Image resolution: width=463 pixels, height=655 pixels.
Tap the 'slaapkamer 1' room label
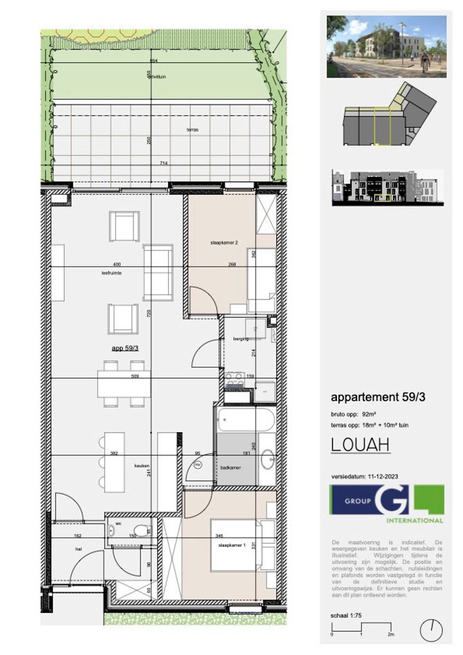(230, 546)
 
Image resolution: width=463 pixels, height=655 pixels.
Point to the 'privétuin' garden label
(156, 77)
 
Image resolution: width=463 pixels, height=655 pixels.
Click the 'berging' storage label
(240, 339)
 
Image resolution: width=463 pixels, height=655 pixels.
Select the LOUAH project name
(360, 445)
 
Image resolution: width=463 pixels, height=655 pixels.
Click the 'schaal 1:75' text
(347, 616)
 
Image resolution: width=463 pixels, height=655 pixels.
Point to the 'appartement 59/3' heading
(378, 398)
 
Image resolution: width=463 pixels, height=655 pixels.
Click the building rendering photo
(387, 46)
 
